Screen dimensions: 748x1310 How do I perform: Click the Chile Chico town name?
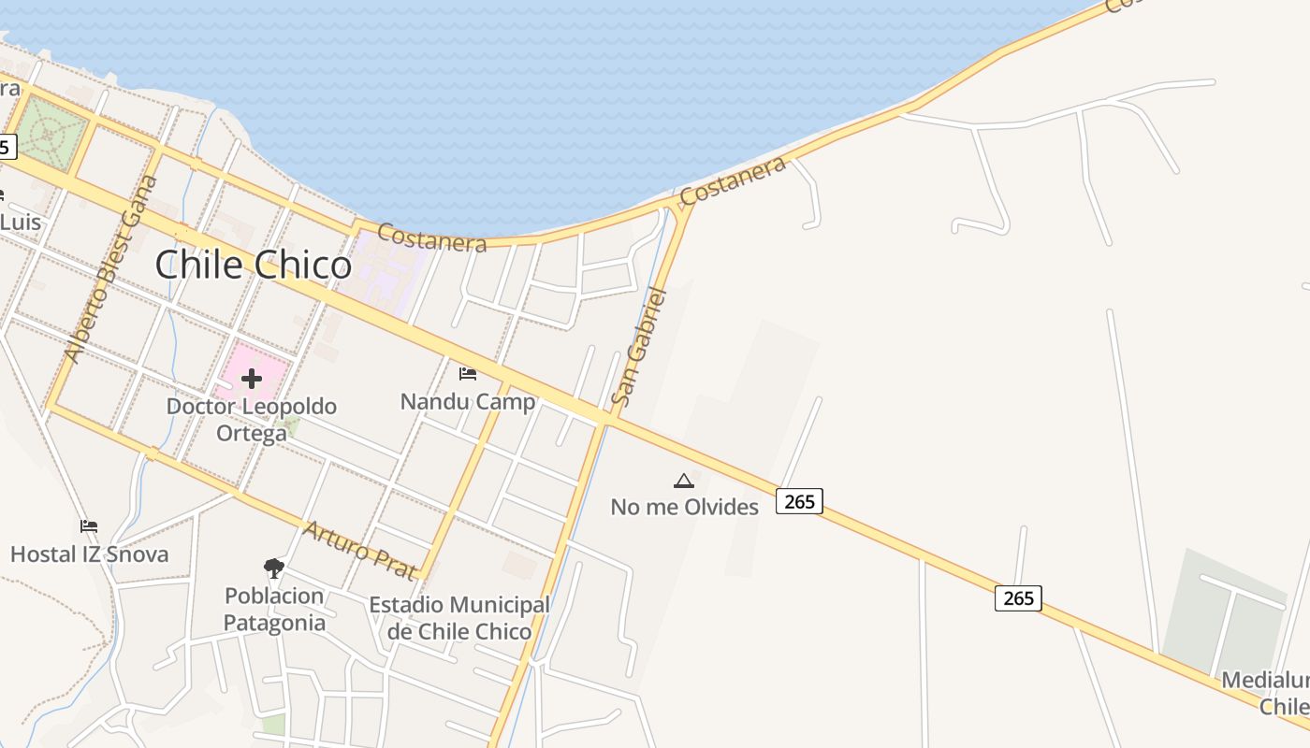coord(253,265)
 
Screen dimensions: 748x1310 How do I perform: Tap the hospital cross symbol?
coord(252,379)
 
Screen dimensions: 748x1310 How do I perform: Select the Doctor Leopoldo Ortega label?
coord(251,420)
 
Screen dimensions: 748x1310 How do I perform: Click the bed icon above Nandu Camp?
coord(468,374)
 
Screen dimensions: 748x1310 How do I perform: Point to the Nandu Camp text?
coord(468,402)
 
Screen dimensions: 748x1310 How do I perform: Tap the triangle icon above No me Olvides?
coord(684,482)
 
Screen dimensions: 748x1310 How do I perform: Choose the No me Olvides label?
coord(684,507)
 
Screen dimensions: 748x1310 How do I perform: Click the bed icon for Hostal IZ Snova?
coord(89,526)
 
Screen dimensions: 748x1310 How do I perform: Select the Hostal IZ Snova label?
coord(90,554)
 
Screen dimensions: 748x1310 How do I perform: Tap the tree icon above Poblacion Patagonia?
coord(273,567)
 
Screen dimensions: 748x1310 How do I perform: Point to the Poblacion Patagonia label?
coord(274,609)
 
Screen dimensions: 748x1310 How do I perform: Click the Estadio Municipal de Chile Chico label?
coord(459,618)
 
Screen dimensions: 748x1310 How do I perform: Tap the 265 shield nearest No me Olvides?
coord(799,501)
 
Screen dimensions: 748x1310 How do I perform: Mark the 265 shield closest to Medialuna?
coord(1018,597)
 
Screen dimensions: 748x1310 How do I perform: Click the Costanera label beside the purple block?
coord(431,237)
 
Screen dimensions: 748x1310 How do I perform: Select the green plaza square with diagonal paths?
coord(52,134)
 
